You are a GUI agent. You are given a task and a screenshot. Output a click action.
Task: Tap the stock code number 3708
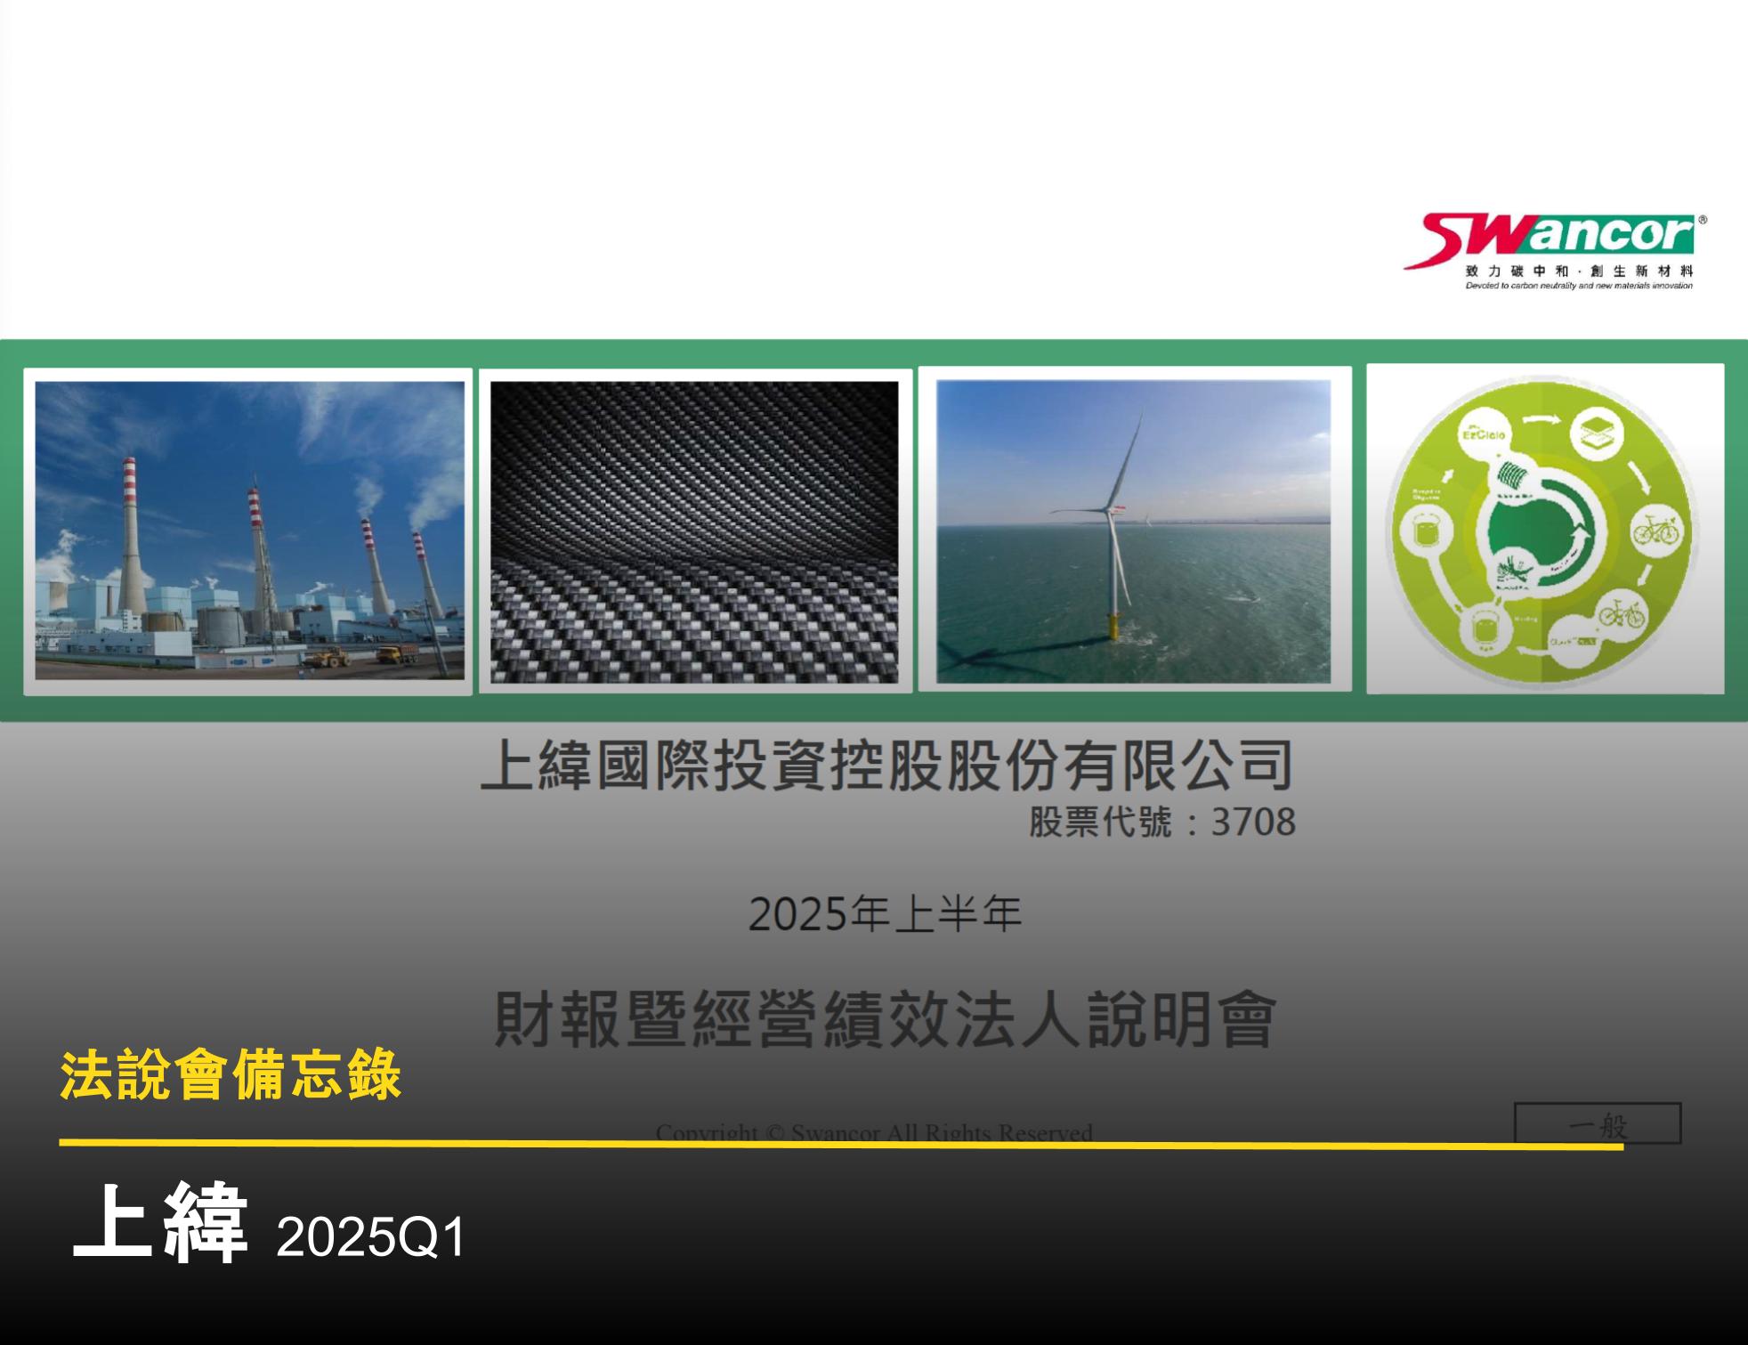point(1252,822)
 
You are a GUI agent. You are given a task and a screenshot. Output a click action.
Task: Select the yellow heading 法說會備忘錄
point(231,1076)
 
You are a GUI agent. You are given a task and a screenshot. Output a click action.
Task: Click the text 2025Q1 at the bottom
point(370,1236)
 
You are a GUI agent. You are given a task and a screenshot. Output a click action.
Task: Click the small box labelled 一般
point(1597,1124)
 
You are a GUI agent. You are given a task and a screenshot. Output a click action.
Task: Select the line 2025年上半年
point(885,914)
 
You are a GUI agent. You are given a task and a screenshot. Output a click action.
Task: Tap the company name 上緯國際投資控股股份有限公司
point(886,765)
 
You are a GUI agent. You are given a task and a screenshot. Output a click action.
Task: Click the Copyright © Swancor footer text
point(873,1132)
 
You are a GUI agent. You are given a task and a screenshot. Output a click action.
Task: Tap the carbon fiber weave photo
point(694,531)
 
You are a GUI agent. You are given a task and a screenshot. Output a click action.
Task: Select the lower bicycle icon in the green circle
point(1621,613)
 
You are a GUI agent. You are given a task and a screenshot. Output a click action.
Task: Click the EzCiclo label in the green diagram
point(1484,435)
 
